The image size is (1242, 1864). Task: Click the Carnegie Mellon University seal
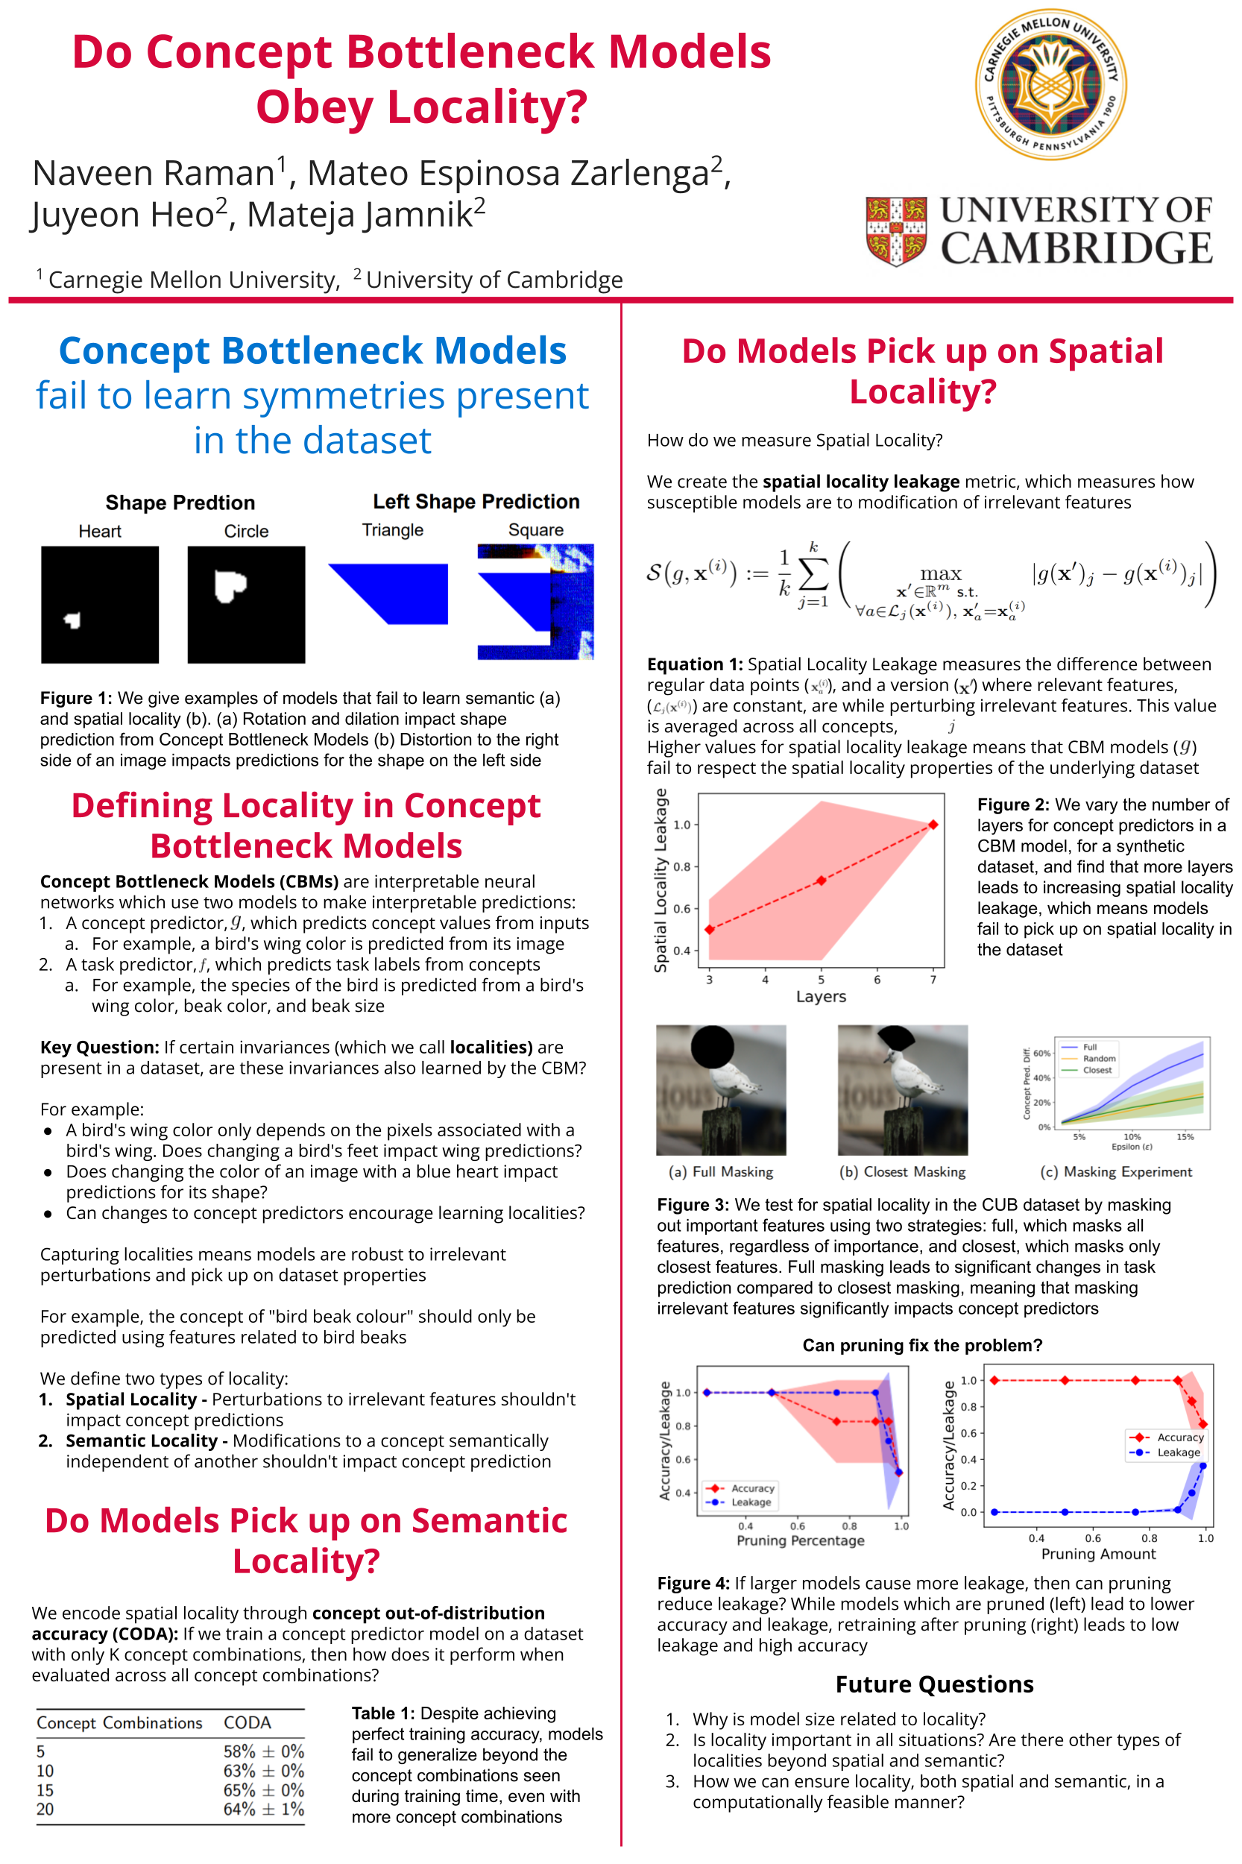[1050, 85]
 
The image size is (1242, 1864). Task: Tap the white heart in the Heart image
[73, 620]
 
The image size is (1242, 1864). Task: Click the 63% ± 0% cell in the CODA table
[263, 1771]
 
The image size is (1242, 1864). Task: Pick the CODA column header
[248, 1722]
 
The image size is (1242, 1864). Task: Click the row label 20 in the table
[45, 1810]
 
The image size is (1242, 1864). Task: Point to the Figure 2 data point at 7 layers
[933, 825]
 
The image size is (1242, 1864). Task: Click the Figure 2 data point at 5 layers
[822, 880]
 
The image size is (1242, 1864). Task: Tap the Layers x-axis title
[821, 997]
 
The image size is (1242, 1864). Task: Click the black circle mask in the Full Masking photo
[712, 1048]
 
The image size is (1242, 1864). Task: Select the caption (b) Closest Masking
[902, 1171]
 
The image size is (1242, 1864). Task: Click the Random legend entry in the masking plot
[1099, 1058]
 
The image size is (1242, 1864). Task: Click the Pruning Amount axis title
[1098, 1554]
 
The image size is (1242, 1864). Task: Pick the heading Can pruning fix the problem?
[922, 1345]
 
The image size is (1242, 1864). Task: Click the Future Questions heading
[934, 1684]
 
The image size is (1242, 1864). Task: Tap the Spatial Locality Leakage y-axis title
[661, 880]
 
